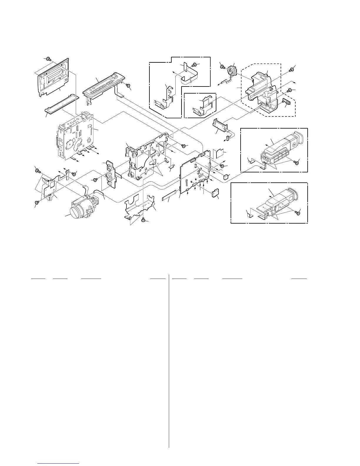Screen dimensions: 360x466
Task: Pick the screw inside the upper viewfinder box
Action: (297, 161)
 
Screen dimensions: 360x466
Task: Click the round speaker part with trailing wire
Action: (232, 71)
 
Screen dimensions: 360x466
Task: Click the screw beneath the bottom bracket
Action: (143, 219)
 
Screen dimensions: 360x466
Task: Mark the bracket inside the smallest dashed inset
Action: (203, 106)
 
